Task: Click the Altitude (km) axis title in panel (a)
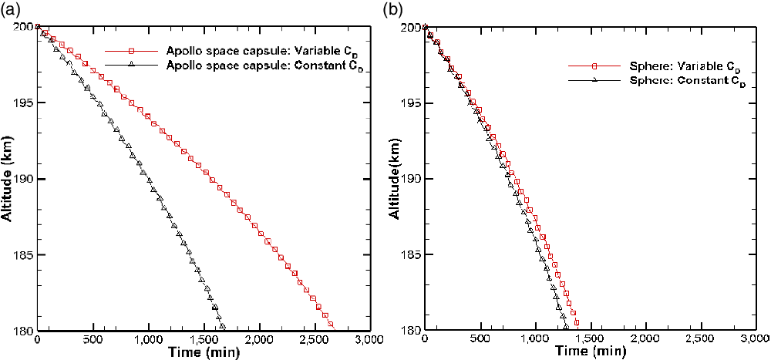tap(8, 179)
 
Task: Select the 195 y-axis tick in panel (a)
tap(23, 103)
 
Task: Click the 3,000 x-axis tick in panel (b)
tap(753, 340)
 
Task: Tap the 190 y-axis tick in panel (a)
tap(23, 179)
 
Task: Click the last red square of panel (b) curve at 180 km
tap(576, 324)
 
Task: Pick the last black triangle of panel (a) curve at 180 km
tap(222, 327)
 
